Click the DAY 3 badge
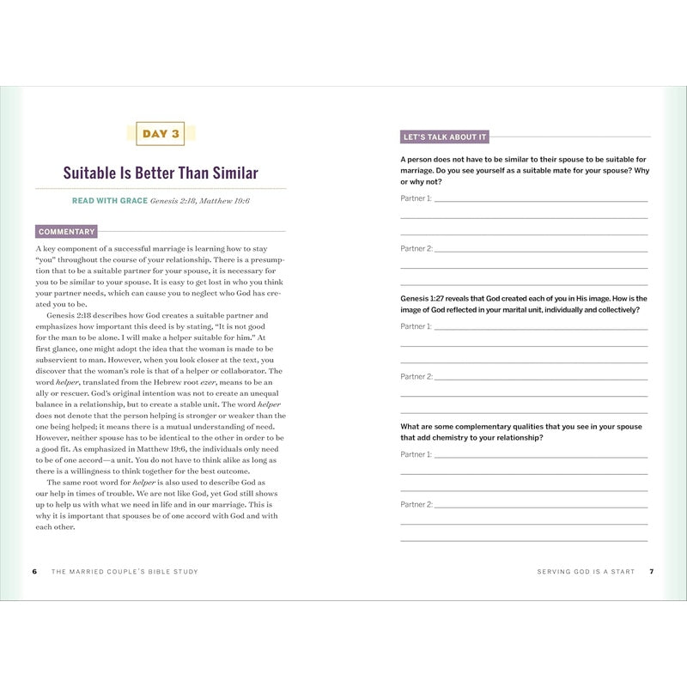click(161, 133)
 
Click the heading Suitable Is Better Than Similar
click(161, 173)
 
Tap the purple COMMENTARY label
click(66, 231)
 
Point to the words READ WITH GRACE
click(109, 201)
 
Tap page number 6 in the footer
click(34, 571)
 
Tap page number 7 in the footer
click(652, 571)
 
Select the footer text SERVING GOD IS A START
click(586, 571)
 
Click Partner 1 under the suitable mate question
click(416, 198)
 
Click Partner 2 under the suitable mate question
click(416, 248)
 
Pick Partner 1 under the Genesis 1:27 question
click(416, 326)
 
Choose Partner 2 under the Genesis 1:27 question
click(416, 376)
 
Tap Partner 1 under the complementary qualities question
click(416, 454)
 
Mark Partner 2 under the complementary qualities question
click(416, 504)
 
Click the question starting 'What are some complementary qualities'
click(520, 432)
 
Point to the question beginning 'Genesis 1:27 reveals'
click(524, 304)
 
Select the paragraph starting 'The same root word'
click(161, 505)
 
